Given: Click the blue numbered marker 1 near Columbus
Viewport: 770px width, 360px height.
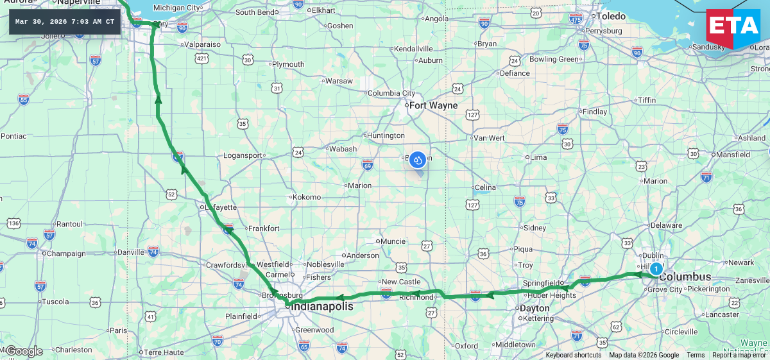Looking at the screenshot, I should (656, 269).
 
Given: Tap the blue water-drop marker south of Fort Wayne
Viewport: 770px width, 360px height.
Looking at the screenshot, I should (418, 160).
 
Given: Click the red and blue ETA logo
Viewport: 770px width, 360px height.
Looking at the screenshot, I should (733, 29).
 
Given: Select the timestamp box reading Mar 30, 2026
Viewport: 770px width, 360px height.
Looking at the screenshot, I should (65, 22).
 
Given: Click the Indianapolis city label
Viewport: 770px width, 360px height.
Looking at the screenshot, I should (323, 307).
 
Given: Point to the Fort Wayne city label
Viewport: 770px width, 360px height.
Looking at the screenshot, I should (434, 105).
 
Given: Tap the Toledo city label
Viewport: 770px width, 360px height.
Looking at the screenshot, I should (611, 16).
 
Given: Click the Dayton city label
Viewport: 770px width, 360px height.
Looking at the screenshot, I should (535, 308).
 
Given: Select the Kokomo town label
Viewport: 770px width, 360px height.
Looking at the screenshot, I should (306, 197).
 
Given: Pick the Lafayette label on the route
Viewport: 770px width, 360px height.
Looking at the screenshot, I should (221, 207).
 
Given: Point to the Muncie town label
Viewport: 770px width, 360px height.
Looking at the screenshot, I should (393, 241).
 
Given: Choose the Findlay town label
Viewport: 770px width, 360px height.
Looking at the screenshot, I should (594, 112).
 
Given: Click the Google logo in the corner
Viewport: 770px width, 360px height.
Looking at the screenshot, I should (24, 351).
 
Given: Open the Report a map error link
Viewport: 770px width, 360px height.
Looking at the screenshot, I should (739, 355).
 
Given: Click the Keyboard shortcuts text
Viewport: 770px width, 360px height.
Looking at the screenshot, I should (573, 355).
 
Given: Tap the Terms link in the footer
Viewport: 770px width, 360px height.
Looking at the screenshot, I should (696, 355).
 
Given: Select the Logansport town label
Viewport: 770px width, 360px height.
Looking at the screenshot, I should (243, 155).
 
